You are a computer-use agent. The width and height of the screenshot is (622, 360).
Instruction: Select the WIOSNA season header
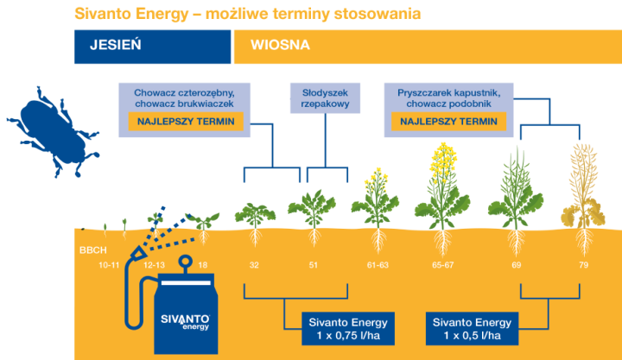[281, 46]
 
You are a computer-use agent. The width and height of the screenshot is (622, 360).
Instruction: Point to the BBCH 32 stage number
[254, 264]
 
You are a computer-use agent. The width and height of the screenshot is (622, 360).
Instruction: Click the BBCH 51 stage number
[313, 264]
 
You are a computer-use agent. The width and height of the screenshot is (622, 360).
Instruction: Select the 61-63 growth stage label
[375, 264]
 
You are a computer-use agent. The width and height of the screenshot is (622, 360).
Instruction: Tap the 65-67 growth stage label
[445, 264]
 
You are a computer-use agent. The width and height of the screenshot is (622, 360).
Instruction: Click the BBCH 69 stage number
[516, 264]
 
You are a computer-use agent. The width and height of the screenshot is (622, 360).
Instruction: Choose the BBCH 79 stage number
[583, 264]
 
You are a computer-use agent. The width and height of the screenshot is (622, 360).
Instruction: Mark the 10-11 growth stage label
[110, 264]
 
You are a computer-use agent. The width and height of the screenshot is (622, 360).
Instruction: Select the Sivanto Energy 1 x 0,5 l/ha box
[470, 328]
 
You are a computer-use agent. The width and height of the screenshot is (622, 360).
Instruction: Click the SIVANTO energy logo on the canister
[184, 320]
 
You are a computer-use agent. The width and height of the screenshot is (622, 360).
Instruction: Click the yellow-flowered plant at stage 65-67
[444, 186]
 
